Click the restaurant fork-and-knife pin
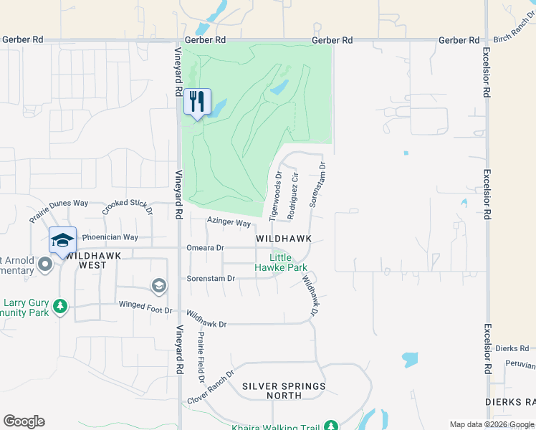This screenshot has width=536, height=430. pyautogui.click(x=197, y=102)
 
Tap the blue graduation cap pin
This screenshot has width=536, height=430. pyautogui.click(x=62, y=240)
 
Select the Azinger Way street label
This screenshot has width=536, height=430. pyautogui.click(x=229, y=223)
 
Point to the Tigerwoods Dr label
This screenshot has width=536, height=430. pyautogui.click(x=275, y=196)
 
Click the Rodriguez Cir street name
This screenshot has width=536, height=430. pyautogui.click(x=292, y=196)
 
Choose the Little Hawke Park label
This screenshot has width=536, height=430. pyautogui.click(x=281, y=262)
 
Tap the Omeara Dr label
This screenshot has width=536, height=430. pyautogui.click(x=205, y=248)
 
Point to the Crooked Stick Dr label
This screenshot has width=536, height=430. pyautogui.click(x=128, y=207)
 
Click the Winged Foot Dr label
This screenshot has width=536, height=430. pyautogui.click(x=145, y=310)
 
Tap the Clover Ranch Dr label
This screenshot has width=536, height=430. pyautogui.click(x=211, y=387)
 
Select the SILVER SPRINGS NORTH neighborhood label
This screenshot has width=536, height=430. pyautogui.click(x=284, y=391)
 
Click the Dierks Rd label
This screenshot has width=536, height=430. pyautogui.click(x=515, y=348)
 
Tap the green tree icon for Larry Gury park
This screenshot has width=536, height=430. pyautogui.click(x=61, y=307)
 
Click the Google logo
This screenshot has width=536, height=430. pyautogui.click(x=24, y=421)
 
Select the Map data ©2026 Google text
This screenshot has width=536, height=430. pyautogui.click(x=491, y=424)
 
